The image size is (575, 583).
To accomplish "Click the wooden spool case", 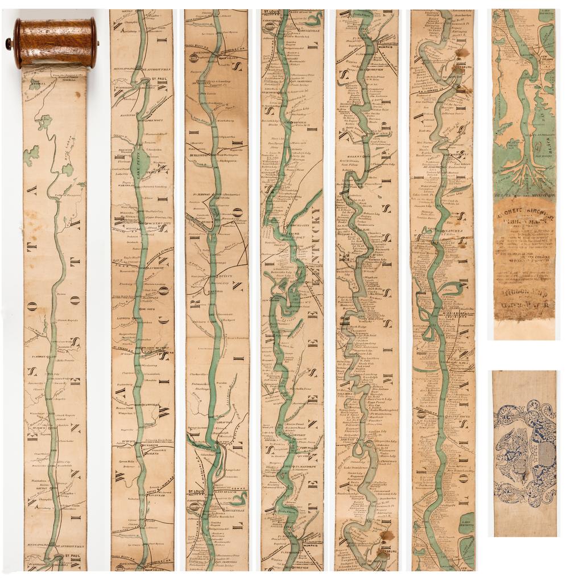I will (55, 42).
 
